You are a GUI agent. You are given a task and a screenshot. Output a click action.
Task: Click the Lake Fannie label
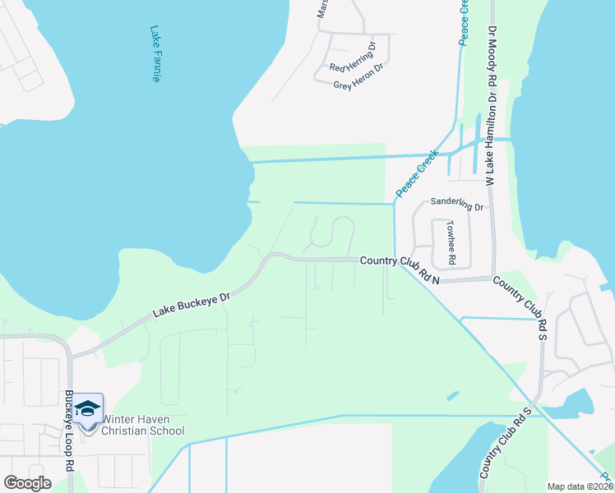click(155, 53)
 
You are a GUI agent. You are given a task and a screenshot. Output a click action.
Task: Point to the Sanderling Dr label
click(457, 205)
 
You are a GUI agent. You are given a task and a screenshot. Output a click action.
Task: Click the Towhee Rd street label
click(451, 242)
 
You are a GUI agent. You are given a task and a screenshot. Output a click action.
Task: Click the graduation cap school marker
click(88, 408)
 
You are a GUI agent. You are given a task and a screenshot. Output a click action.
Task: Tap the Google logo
click(28, 483)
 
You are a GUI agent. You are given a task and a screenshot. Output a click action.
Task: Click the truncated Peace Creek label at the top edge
click(464, 22)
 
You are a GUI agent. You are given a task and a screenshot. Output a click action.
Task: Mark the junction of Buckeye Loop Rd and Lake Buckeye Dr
click(72, 356)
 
